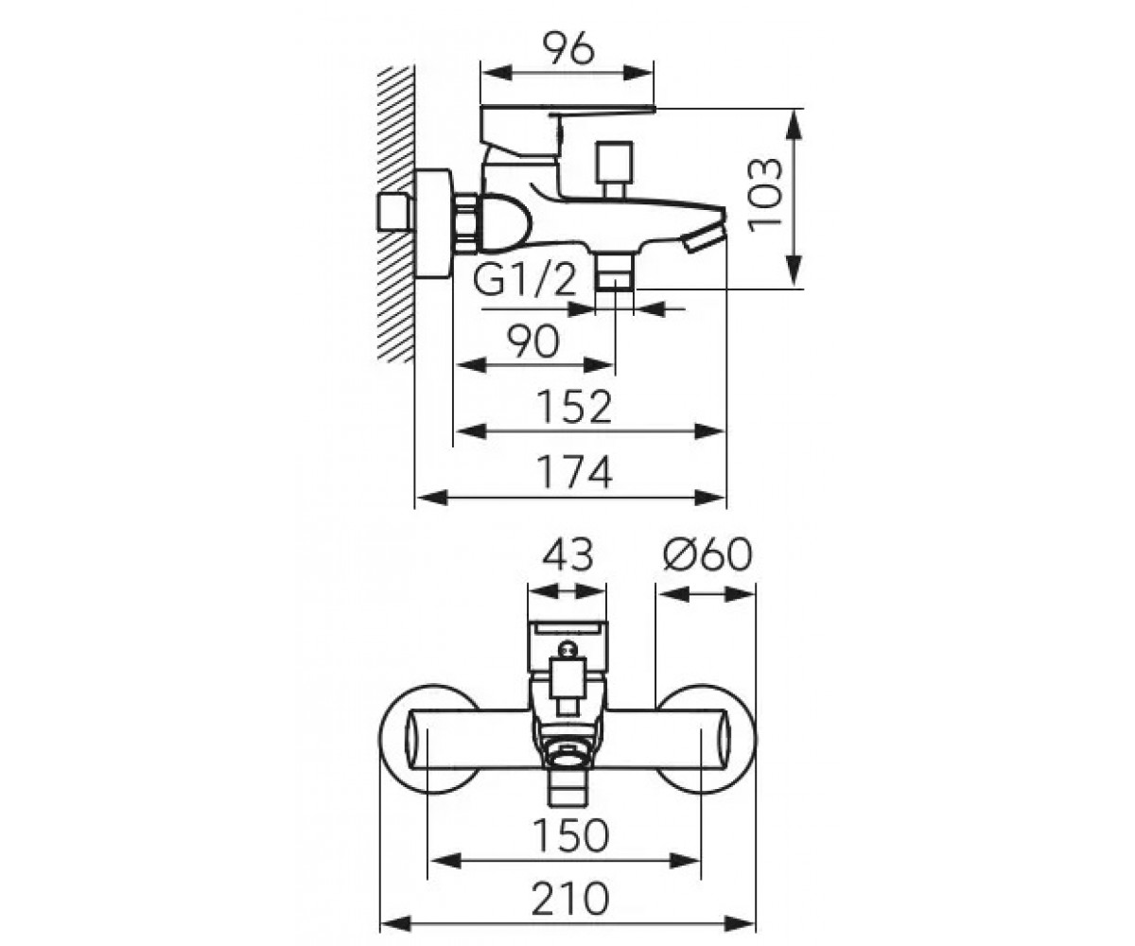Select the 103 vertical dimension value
pyautogui.click(x=765, y=195)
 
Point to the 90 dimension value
pyautogui.click(x=533, y=342)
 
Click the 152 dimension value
pyautogui.click(x=574, y=407)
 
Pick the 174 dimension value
pyautogui.click(x=574, y=472)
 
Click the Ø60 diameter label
pyautogui.click(x=707, y=555)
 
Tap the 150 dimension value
pyautogui.click(x=570, y=834)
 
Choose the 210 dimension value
pyautogui.click(x=569, y=899)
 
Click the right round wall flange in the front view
pyautogui.click(x=706, y=740)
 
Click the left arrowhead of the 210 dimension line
pyautogui.click(x=394, y=923)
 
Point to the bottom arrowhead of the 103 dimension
pyautogui.click(x=794, y=271)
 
